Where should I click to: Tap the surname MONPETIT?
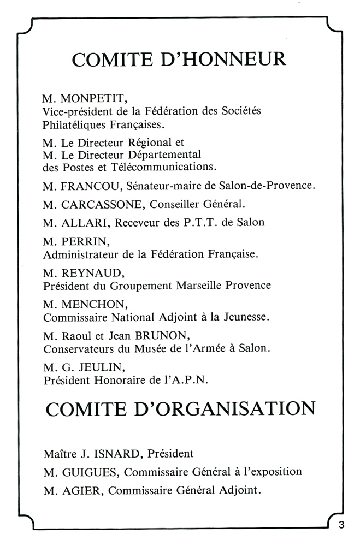tap(91, 99)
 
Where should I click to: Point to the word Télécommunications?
tap(164, 165)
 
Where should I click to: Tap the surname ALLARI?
tap(82, 222)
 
